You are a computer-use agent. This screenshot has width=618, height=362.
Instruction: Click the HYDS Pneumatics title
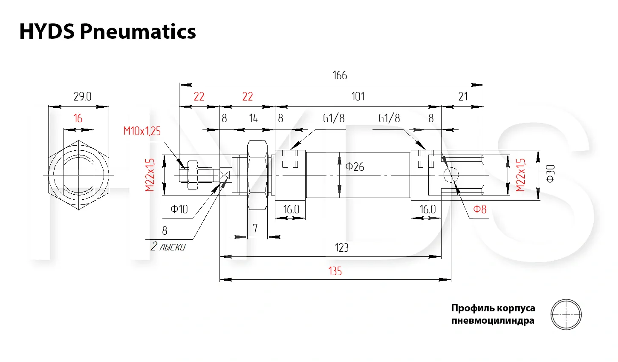coord(107,32)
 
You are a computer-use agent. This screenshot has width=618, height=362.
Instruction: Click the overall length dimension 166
coord(340,75)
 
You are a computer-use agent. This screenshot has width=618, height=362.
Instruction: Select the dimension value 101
coord(358,97)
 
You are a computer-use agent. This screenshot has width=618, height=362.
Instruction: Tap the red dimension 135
coord(335,271)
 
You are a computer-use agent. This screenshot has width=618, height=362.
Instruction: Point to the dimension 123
coord(341,248)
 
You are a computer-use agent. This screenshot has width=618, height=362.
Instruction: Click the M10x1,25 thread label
coord(142,131)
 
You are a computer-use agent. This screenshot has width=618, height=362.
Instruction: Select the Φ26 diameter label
coord(355,167)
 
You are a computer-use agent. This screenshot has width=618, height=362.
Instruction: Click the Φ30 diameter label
coord(551,174)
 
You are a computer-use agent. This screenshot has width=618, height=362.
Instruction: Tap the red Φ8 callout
coord(479,209)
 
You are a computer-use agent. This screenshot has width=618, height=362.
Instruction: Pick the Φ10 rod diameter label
coord(179,209)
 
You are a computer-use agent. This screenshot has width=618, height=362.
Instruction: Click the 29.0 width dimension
coord(82,97)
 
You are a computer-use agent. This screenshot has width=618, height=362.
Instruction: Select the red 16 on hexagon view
coord(78,118)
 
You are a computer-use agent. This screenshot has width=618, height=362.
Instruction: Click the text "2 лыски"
coord(168,247)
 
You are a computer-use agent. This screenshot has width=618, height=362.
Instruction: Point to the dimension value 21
coord(463,97)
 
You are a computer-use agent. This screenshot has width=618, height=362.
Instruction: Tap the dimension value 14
coord(253,118)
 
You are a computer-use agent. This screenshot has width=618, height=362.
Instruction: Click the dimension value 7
coord(255,229)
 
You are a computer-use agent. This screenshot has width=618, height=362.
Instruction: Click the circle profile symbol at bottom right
coord(566,314)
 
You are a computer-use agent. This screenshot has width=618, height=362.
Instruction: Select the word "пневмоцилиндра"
coord(492,320)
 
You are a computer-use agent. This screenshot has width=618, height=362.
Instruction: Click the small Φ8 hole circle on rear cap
coord(451,175)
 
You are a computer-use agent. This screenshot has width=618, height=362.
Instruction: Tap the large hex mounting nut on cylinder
coord(257,175)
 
